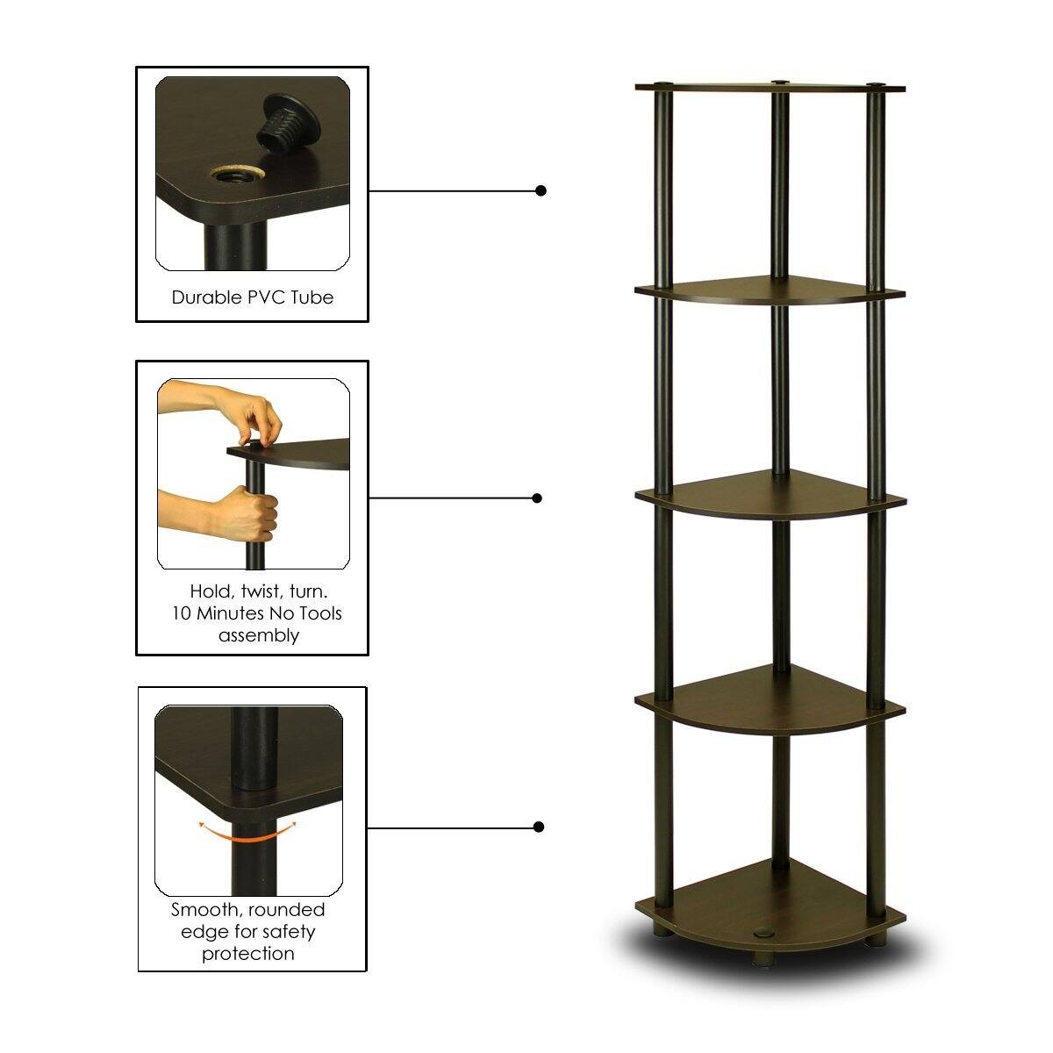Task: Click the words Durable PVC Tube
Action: click(x=253, y=297)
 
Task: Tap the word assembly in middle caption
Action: click(x=258, y=635)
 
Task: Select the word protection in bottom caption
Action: click(x=248, y=953)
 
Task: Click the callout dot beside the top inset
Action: click(x=541, y=190)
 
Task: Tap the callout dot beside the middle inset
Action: click(x=537, y=498)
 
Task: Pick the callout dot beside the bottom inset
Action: click(x=539, y=827)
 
